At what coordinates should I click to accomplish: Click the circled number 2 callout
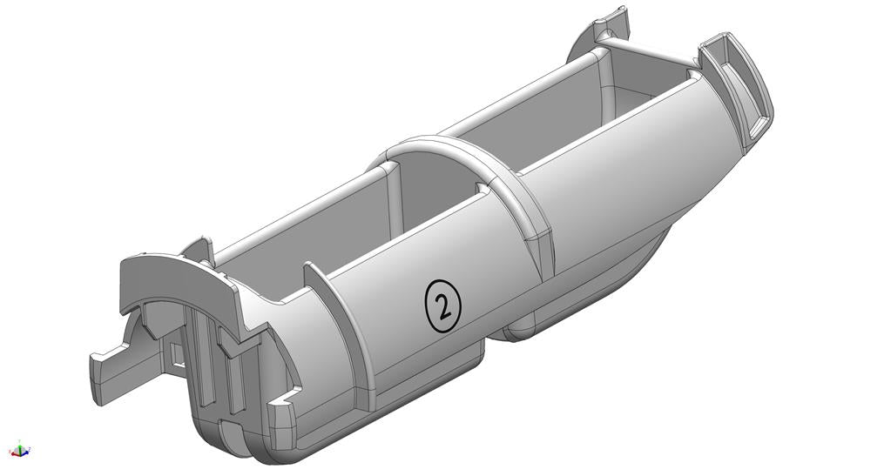pyautogui.click(x=443, y=305)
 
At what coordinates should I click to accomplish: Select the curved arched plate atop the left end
pyautogui.click(x=170, y=278)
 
